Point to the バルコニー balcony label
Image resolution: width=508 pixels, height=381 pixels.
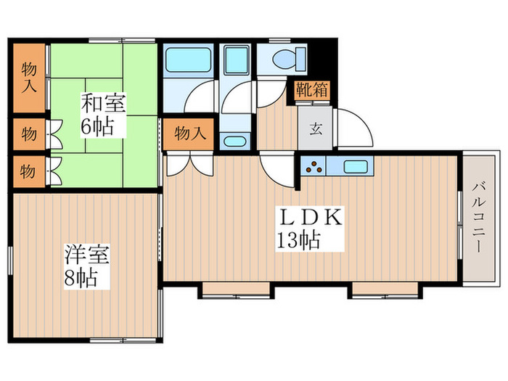pos(479,218)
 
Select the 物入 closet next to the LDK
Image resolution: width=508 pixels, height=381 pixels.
pos(188,134)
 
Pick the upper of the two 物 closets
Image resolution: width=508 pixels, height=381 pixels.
pos(28,134)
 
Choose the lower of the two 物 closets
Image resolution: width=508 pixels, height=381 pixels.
pos(28,171)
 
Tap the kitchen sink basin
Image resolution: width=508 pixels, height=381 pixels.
pos(355,166)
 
